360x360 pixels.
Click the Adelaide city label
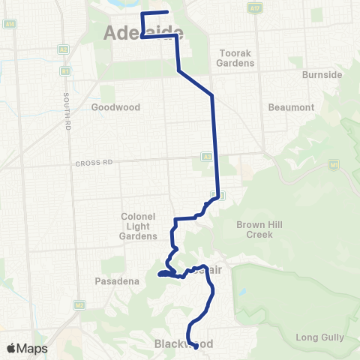coord(142,31)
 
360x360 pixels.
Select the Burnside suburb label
coord(322,76)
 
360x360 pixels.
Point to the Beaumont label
coord(292,107)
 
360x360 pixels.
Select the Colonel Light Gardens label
coord(137,226)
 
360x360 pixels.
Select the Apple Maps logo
coord(26,349)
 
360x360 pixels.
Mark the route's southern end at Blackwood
coord(196,347)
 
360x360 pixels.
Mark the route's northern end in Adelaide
coord(166,13)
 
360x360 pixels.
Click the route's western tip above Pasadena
coord(160,274)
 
